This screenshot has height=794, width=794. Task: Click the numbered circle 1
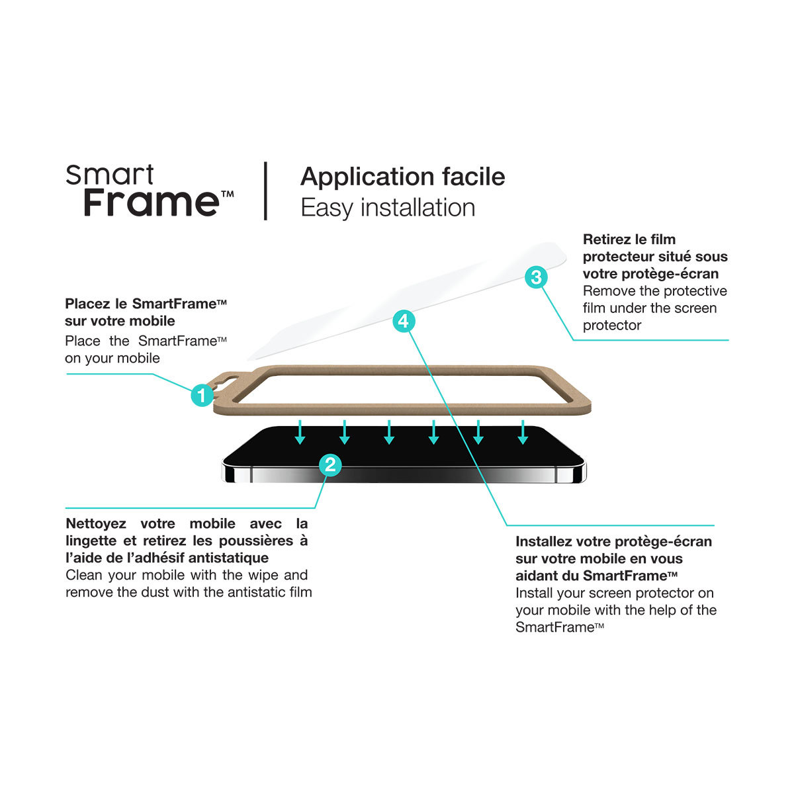(202, 395)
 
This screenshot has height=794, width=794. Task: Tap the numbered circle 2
(330, 464)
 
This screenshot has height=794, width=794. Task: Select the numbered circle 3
(536, 277)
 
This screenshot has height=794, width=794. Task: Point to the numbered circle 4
(404, 321)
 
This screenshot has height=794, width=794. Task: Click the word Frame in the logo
(152, 202)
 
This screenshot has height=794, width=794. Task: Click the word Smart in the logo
(110, 175)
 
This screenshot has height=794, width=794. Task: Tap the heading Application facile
(402, 177)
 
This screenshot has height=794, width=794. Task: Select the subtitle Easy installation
(388, 207)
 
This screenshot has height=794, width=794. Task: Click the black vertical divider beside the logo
(265, 191)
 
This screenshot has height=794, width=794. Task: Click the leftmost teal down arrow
(300, 432)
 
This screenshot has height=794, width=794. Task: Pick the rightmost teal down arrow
(523, 432)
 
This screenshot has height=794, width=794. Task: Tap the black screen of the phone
(404, 447)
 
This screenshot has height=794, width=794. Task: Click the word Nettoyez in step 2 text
(96, 523)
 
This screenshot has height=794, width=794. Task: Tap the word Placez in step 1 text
(88, 304)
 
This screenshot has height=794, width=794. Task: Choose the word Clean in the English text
(84, 575)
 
